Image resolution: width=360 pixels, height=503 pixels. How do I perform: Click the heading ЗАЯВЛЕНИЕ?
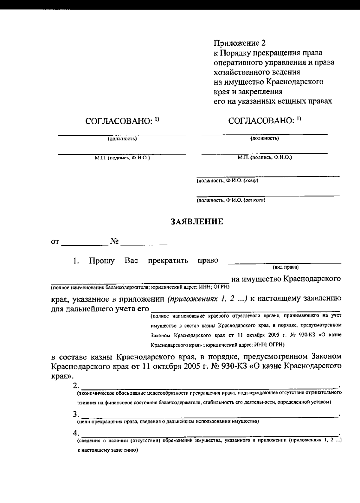point(197,222)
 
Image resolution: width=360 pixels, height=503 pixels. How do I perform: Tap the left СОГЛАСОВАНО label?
point(122,121)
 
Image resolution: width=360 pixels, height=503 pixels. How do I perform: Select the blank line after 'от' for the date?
point(85,244)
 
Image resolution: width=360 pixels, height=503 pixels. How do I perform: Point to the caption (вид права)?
point(285,267)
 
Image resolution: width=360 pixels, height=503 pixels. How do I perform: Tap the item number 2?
point(76,385)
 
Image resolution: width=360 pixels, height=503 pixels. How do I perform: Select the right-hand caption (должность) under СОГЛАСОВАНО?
point(264,138)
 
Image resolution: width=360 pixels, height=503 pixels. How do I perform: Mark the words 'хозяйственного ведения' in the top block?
point(257,72)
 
